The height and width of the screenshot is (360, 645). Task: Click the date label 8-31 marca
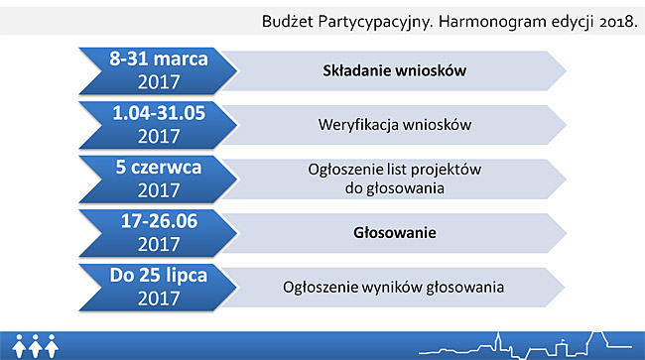(x=159, y=59)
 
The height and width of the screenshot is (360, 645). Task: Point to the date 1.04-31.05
(x=159, y=113)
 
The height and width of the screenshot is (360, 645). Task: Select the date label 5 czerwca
(x=159, y=168)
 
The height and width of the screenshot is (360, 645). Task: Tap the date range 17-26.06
(x=159, y=221)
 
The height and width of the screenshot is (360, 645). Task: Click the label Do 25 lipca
(x=159, y=276)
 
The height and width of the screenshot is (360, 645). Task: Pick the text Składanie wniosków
(x=395, y=70)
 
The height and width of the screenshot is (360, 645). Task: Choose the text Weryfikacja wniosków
(x=395, y=125)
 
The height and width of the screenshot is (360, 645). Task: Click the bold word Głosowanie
(x=395, y=233)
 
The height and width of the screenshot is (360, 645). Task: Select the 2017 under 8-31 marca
(x=159, y=81)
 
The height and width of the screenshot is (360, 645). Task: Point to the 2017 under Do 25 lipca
(x=159, y=299)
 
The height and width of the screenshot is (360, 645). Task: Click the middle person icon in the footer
(x=36, y=345)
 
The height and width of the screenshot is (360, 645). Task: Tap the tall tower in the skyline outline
(x=498, y=342)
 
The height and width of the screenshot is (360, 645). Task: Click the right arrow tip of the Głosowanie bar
(x=567, y=233)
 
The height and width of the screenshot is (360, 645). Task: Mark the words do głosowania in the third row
(x=395, y=188)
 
